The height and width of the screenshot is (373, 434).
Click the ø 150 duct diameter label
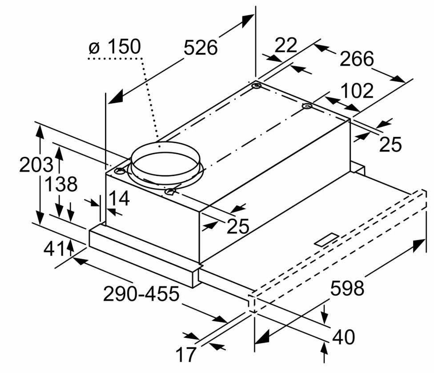(115, 47)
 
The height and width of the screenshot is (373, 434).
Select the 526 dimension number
(201, 48)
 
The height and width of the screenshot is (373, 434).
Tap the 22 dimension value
(286, 45)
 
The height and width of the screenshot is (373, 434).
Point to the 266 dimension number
(357, 59)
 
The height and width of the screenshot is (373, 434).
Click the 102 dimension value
(357, 91)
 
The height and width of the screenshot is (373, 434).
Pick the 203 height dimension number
(36, 164)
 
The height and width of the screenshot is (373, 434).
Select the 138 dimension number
(61, 184)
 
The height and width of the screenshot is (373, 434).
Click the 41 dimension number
(54, 248)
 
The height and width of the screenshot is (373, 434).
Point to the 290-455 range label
(141, 294)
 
